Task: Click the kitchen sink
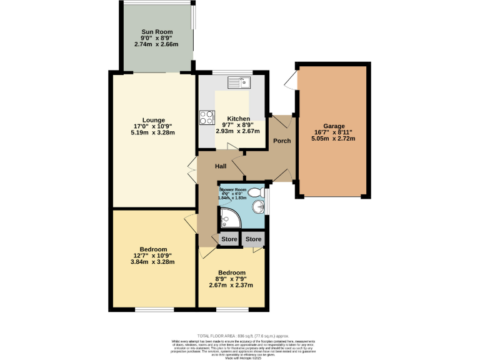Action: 239,81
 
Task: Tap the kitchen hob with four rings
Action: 207,117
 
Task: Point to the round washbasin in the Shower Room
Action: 257,207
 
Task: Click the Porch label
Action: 282,141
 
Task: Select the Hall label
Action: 221,166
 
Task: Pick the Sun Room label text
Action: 156,31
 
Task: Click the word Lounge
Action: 153,120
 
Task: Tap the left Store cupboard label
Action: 229,239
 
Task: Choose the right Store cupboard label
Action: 253,239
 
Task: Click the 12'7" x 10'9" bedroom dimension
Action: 153,256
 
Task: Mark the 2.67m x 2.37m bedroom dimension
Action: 231,286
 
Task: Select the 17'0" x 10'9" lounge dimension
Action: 153,126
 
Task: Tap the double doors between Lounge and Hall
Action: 191,167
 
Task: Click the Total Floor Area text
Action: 239,335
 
